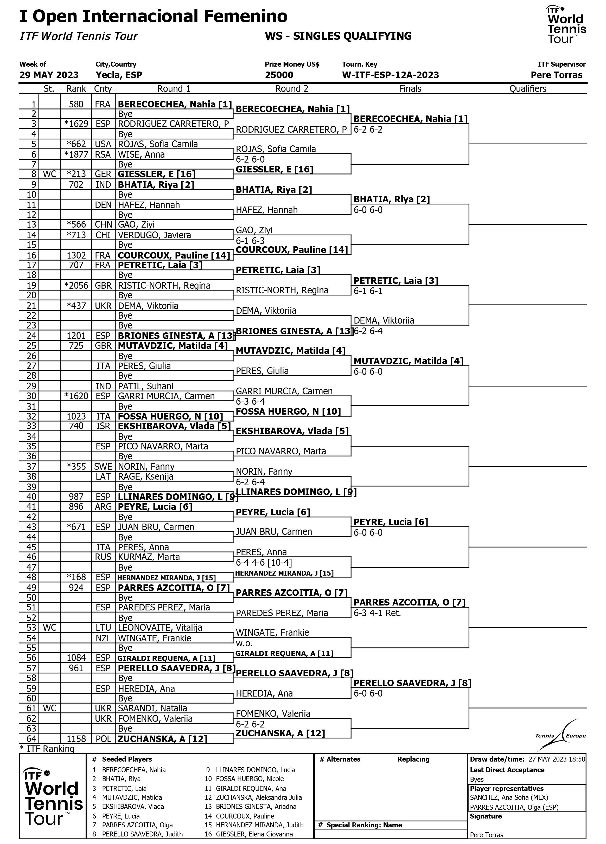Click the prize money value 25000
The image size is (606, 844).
click(279, 75)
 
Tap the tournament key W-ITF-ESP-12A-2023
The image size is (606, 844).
click(390, 75)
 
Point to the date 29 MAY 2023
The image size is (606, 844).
click(49, 75)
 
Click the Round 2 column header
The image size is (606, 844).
click(292, 89)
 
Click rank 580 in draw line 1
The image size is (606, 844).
click(76, 104)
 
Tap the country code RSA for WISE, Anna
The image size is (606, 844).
click(103, 154)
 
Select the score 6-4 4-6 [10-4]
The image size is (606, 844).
click(264, 562)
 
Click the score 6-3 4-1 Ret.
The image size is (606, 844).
click(377, 613)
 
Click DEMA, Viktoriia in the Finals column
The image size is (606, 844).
click(384, 320)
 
